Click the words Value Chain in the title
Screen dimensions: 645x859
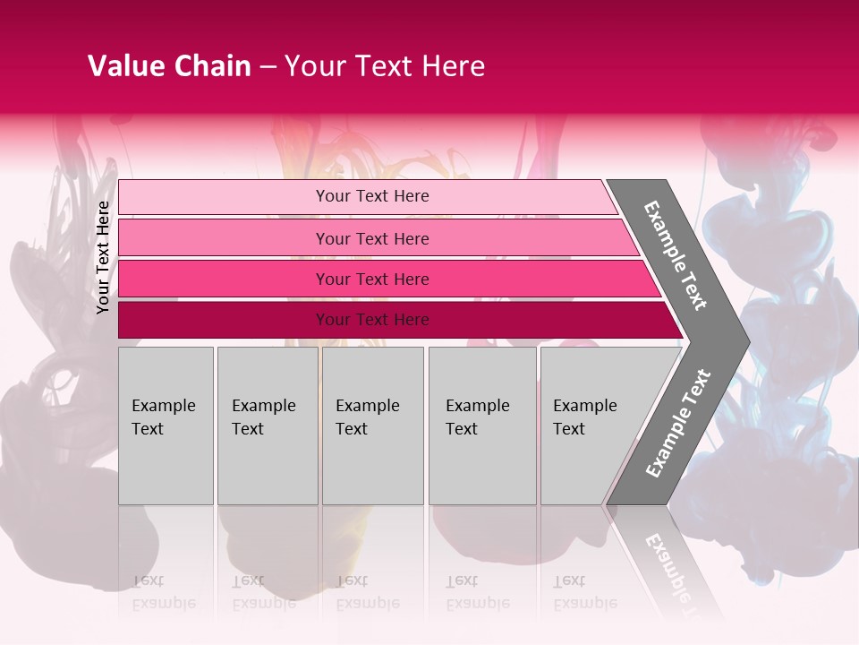click(169, 66)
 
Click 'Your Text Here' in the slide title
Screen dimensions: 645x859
click(385, 66)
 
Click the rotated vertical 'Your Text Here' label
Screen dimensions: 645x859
click(103, 257)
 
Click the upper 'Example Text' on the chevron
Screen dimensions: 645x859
click(676, 255)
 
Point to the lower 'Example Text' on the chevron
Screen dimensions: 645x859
click(678, 424)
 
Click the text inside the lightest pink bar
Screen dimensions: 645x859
click(372, 196)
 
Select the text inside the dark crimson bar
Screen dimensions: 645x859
click(372, 320)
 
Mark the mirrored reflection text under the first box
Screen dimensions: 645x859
click(163, 592)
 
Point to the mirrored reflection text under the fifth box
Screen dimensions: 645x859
click(585, 592)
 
